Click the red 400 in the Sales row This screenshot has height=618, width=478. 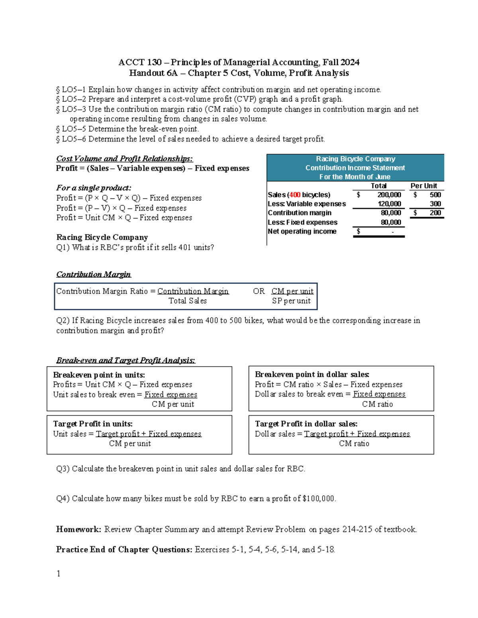295,195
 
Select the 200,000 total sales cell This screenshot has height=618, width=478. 389,195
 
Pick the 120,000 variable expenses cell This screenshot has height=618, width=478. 389,204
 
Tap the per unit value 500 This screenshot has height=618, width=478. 435,195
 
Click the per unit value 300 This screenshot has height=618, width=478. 435,204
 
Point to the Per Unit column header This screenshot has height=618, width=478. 423,186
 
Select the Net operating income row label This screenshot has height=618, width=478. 302,231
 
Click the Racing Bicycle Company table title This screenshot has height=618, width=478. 355,159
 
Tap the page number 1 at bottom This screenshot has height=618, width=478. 59,573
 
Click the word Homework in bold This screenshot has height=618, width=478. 78,529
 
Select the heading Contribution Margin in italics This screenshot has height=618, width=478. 93,274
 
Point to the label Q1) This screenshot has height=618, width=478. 63,247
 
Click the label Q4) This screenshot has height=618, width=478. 63,498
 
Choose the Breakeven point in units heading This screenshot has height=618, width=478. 99,375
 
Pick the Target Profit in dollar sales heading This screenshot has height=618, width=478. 306,424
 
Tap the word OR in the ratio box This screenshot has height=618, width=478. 259,291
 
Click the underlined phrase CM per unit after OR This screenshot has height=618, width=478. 292,291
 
